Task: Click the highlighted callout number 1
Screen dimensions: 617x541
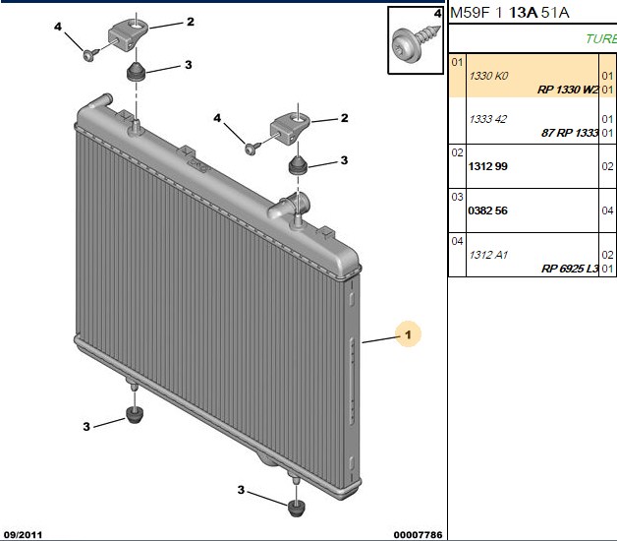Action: (408, 334)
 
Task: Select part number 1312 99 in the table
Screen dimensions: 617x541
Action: (488, 166)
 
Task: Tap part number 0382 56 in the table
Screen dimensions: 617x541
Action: (488, 210)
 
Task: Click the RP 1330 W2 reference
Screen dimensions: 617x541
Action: (568, 90)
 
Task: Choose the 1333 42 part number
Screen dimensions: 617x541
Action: (488, 119)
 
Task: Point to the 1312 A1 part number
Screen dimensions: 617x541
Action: (488, 255)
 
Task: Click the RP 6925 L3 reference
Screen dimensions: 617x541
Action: (570, 269)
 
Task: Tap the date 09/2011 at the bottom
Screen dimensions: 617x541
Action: (23, 535)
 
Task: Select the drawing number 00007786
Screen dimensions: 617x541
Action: (418, 535)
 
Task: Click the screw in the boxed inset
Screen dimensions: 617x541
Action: (416, 41)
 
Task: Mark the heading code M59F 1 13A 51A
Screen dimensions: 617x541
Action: (510, 13)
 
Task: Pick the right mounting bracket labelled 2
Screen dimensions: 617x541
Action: (289, 128)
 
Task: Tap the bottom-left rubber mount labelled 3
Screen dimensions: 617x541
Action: (135, 415)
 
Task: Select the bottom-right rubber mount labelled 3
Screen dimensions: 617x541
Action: (297, 508)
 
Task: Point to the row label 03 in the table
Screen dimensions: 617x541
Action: (457, 197)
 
